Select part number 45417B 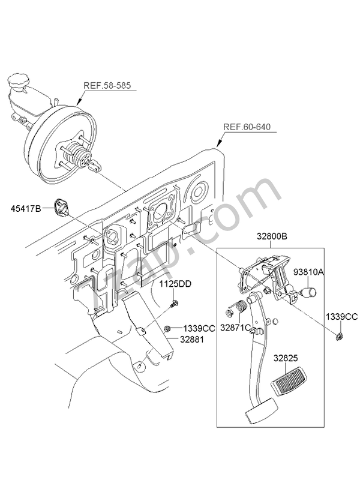coord(25,208)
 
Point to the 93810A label coord(308,272)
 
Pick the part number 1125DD coord(175,283)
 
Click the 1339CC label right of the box coord(342,316)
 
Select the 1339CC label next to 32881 coord(199,328)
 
